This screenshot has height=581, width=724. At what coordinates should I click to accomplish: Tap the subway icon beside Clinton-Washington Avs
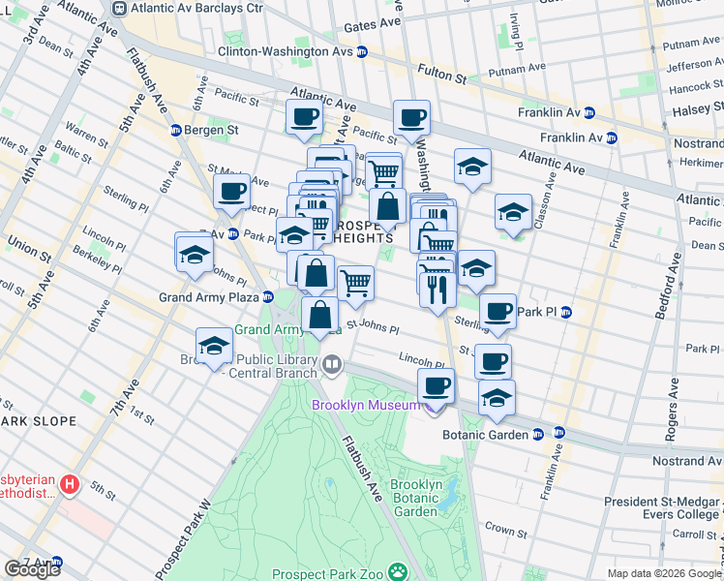pyautogui.click(x=362, y=51)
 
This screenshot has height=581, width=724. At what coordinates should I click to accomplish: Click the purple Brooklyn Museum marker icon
pyautogui.click(x=430, y=405)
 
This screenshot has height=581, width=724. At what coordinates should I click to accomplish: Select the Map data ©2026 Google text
pyautogui.click(x=663, y=573)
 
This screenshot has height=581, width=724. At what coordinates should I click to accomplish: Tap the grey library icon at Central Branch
pyautogui.click(x=332, y=365)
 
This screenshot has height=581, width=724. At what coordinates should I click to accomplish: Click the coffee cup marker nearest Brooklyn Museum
pyautogui.click(x=436, y=385)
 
